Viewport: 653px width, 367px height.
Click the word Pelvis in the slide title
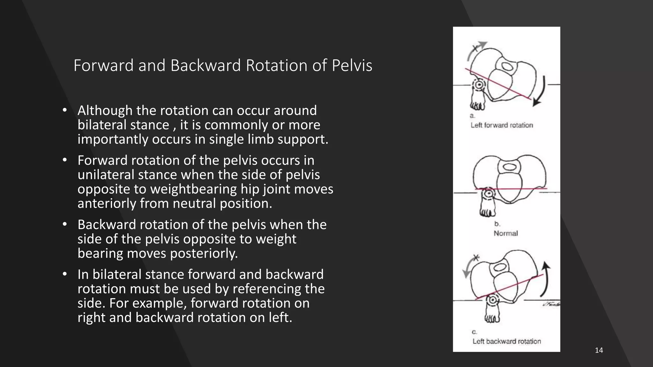[x=352, y=65]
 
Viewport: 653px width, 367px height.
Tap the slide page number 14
[x=599, y=350]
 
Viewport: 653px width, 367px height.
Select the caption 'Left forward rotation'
[x=502, y=125]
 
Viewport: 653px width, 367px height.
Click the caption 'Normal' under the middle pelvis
[x=506, y=233]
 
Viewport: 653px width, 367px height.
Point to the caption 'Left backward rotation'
[x=507, y=341]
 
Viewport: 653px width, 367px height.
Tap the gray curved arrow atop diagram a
[x=475, y=50]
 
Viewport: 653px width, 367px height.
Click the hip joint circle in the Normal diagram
[x=488, y=193]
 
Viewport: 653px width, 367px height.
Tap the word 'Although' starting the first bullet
[x=105, y=111]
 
